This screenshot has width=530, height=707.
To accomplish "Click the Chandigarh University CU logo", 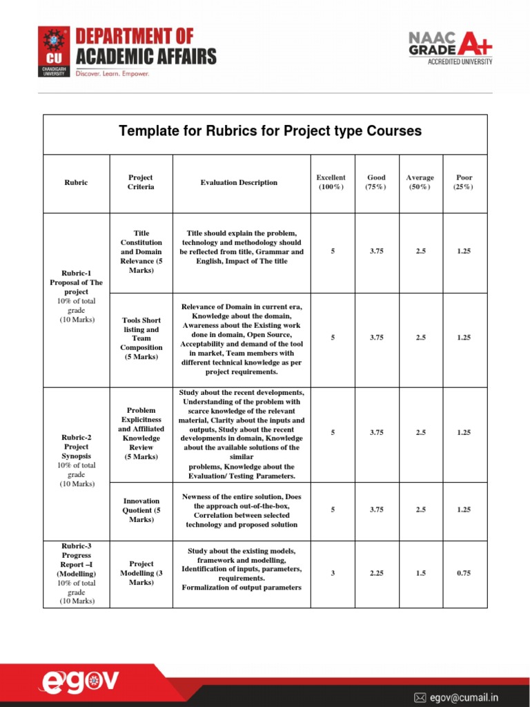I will pyautogui.click(x=54, y=51).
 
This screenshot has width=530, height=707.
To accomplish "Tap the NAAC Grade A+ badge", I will pyautogui.click(x=451, y=47).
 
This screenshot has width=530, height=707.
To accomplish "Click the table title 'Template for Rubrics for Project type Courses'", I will pyautogui.click(x=270, y=131).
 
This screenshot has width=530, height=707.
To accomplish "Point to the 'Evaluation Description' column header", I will pyautogui.click(x=239, y=183).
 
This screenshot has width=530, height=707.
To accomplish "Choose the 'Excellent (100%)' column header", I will pyautogui.click(x=331, y=182).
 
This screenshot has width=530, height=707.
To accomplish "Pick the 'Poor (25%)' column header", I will pyautogui.click(x=464, y=182).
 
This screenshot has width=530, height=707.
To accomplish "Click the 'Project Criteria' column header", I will pyautogui.click(x=141, y=182).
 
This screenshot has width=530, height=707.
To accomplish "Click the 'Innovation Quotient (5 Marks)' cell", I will pyautogui.click(x=141, y=510).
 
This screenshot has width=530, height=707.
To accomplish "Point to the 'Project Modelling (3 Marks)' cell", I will pyautogui.click(x=141, y=573).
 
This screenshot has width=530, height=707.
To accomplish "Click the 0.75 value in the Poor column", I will pyautogui.click(x=464, y=573).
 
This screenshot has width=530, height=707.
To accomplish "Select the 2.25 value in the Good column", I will pyautogui.click(x=377, y=573).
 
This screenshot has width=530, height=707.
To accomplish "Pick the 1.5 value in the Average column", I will pyautogui.click(x=420, y=573).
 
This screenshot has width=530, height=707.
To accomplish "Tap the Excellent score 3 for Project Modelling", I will pyautogui.click(x=333, y=573).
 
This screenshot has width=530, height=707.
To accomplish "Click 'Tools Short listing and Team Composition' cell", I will pyautogui.click(x=141, y=338).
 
